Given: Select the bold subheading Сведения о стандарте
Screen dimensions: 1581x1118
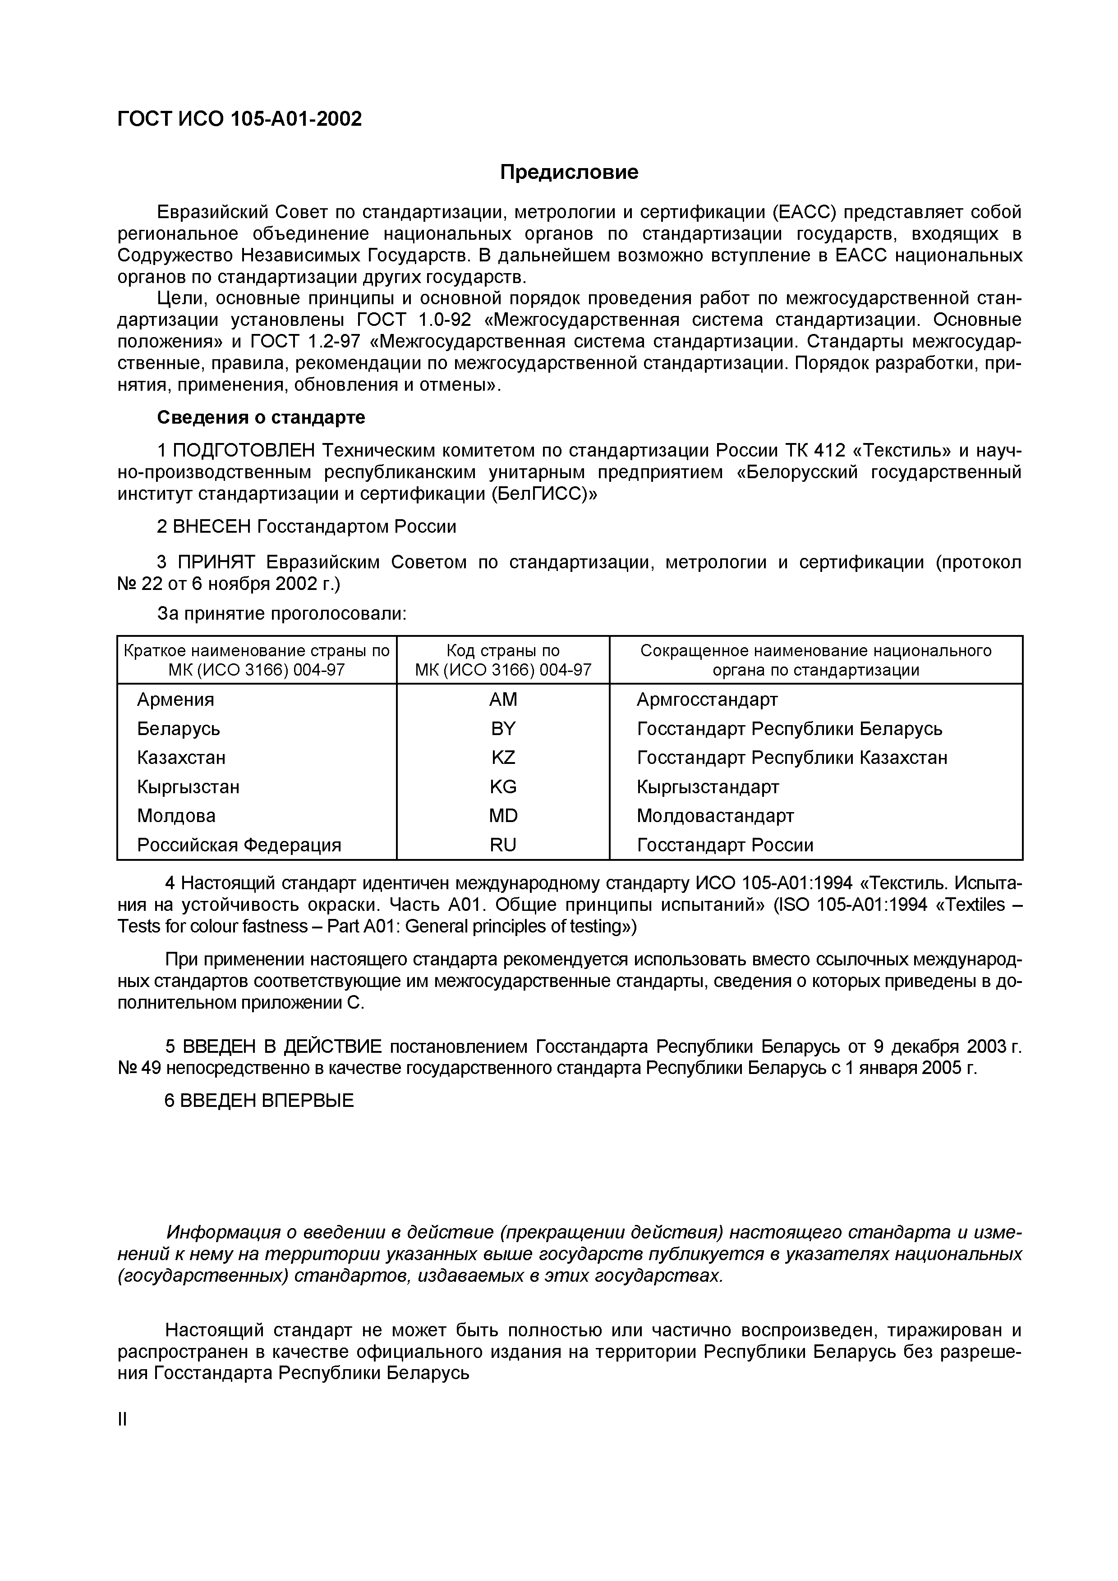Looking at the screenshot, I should click(261, 418).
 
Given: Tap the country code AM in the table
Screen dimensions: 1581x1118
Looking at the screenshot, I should click(503, 699).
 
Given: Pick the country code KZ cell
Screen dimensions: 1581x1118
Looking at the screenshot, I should click(503, 758).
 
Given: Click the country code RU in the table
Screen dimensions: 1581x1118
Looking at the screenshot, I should click(503, 845).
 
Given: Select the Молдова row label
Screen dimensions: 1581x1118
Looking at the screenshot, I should click(176, 816).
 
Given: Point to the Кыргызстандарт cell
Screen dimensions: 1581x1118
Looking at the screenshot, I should click(708, 787).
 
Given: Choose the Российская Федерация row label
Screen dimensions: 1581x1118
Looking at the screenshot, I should click(239, 845).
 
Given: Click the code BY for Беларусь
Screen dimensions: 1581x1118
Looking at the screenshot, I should click(503, 728).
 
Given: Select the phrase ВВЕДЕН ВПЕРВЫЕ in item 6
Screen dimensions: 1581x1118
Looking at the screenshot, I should click(267, 1101).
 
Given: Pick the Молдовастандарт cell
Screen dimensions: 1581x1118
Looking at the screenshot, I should click(715, 816).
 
